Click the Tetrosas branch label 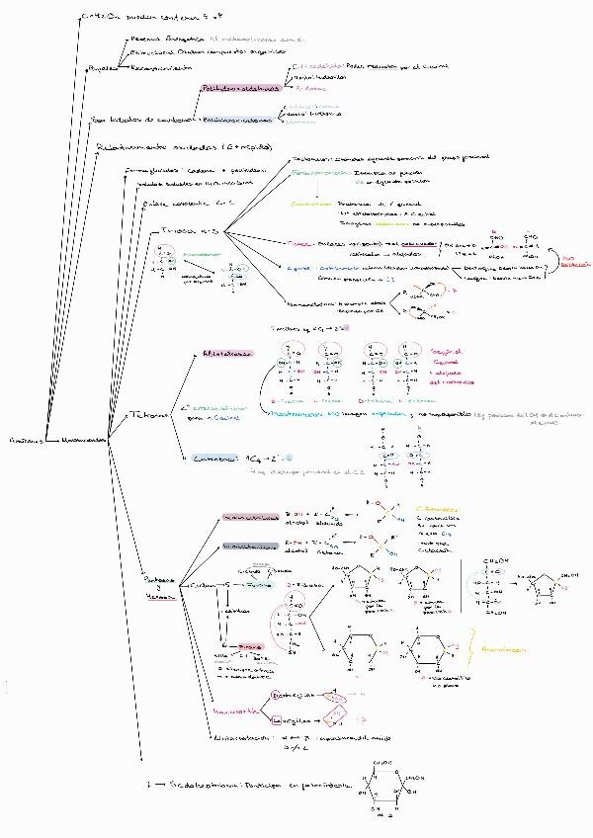150,416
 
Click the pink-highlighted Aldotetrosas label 225,352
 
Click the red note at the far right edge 575,263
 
